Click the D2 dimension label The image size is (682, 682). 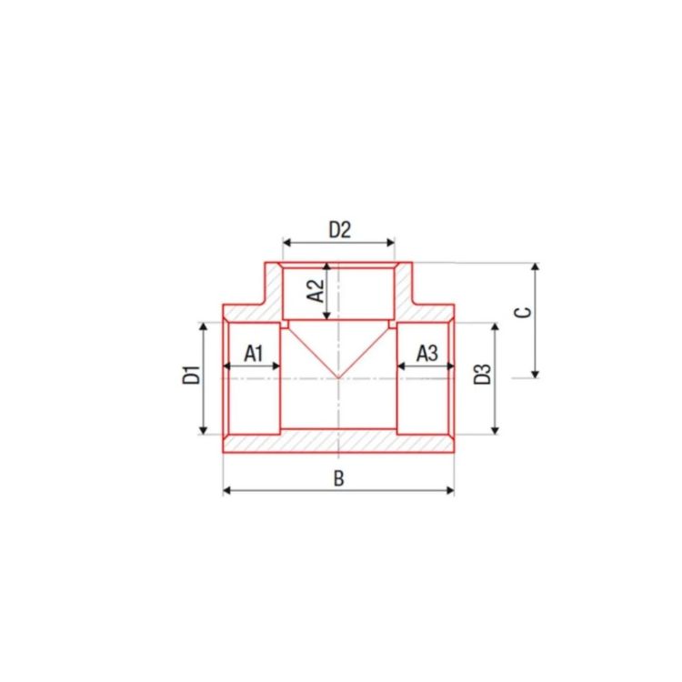339,230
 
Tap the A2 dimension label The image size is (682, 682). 316,291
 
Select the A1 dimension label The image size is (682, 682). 254,353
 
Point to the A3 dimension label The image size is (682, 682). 427,353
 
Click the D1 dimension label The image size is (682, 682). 191,376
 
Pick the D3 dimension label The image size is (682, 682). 482,374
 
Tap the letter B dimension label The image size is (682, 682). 339,478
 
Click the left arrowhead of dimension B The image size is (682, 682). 226,491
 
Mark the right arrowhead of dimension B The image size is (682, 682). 450,491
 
